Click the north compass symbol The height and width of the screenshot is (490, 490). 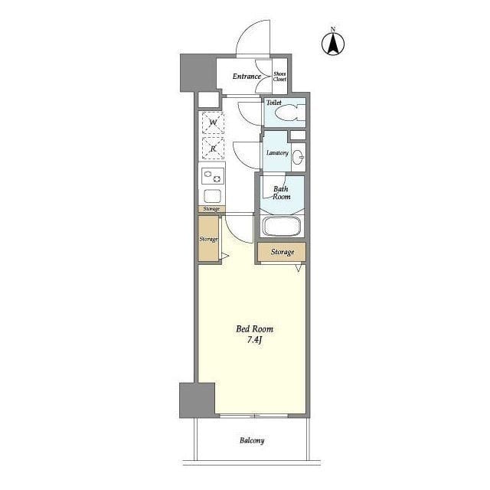click(x=333, y=42)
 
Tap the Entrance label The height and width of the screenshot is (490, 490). click(x=247, y=77)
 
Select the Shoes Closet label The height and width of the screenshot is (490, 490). click(x=279, y=77)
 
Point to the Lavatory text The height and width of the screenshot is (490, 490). click(x=277, y=153)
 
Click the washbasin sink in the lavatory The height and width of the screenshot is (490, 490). click(x=298, y=157)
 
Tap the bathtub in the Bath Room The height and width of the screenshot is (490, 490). click(x=282, y=226)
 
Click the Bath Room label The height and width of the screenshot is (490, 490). click(x=281, y=193)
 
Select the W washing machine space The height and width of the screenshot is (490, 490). click(x=213, y=122)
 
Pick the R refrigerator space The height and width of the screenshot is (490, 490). click(x=213, y=148)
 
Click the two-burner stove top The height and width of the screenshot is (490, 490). click(x=213, y=176)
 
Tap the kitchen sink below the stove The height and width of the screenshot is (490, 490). click(x=213, y=196)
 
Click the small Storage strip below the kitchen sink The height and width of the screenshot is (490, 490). click(x=211, y=209)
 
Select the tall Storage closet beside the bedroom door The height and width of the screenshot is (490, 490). click(x=208, y=239)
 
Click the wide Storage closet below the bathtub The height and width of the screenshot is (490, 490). click(x=282, y=252)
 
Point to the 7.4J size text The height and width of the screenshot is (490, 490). click(x=254, y=340)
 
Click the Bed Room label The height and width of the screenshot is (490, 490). click(x=254, y=328)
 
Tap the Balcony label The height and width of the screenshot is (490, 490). click(x=252, y=441)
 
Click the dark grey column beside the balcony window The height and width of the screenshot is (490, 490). click(x=198, y=400)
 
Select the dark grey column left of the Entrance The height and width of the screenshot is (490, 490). click(x=198, y=73)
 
